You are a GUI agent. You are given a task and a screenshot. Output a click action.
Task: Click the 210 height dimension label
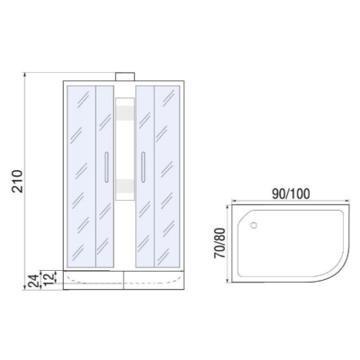(x=17, y=181)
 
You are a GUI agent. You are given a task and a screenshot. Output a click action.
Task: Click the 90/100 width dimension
(x=291, y=194)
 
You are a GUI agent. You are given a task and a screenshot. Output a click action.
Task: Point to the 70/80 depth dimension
(x=220, y=243)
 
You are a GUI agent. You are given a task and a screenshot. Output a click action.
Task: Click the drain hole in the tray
(x=254, y=225)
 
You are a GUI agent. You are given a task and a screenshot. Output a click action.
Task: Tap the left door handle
(x=105, y=167)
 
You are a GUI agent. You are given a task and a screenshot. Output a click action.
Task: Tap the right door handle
(x=143, y=167)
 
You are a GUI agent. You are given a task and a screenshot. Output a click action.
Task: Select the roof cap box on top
(x=125, y=76)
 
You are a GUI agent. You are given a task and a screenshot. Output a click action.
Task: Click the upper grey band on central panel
(x=125, y=113)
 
